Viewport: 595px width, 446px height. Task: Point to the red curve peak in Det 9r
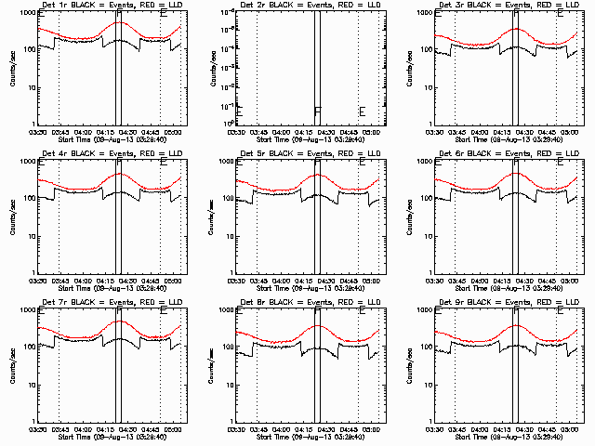516,326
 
